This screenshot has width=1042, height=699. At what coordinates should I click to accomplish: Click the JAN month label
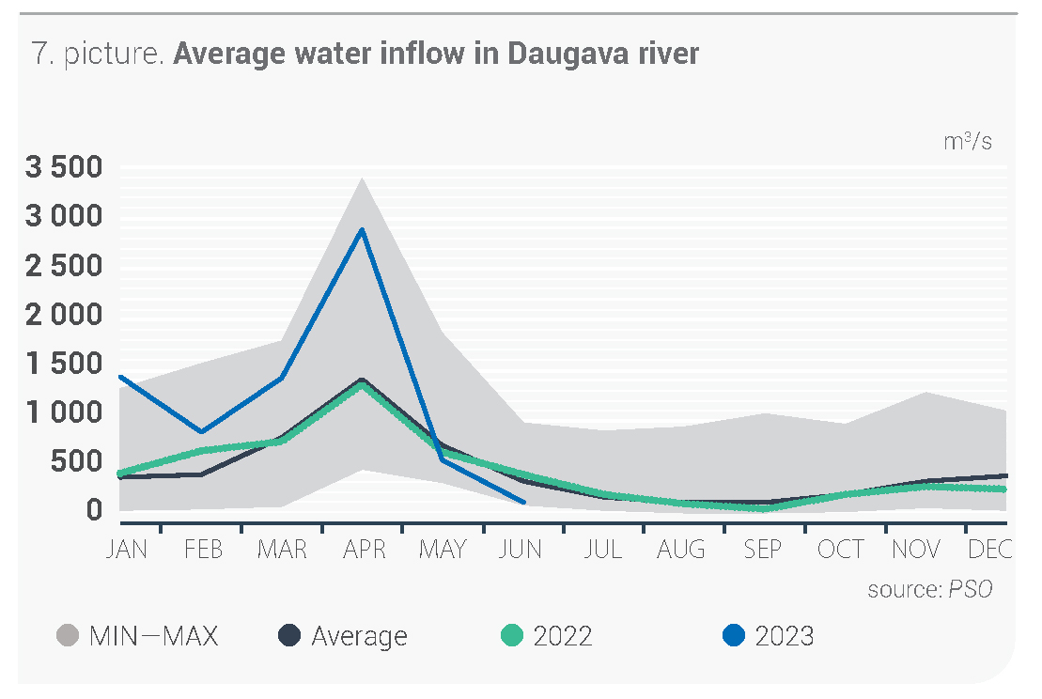tap(127, 550)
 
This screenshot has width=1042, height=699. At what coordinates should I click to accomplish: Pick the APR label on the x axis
tap(364, 550)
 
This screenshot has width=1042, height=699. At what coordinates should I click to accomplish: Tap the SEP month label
tap(762, 550)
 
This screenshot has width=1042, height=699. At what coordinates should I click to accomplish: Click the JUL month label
tap(602, 550)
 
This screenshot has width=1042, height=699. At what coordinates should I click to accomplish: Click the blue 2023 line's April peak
tap(363, 229)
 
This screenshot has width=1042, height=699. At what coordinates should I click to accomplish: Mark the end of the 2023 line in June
tap(523, 503)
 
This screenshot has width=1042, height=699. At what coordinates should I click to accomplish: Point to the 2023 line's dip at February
tap(201, 432)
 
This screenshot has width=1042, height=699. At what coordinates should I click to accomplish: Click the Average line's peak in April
tap(363, 380)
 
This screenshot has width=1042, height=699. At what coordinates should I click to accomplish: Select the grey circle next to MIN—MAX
tap(68, 636)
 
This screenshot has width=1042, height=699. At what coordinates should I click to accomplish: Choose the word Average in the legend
tap(359, 636)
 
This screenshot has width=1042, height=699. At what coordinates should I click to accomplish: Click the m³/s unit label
tap(968, 142)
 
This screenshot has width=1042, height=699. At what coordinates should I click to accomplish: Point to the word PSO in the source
tap(970, 589)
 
